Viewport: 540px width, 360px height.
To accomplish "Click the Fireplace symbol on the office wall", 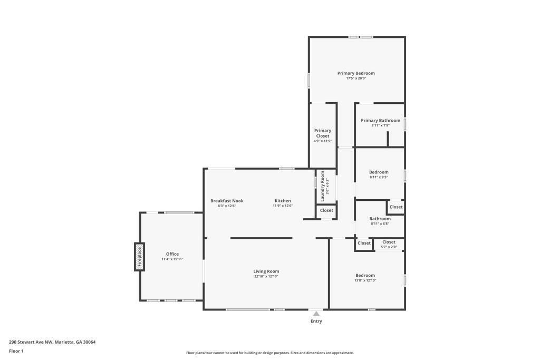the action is pyautogui.click(x=139, y=257).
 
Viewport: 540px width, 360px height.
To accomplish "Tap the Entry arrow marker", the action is pyautogui.click(x=316, y=314).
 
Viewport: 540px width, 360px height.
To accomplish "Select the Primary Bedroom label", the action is pyautogui.click(x=356, y=73).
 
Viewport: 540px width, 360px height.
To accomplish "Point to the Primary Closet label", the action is pyautogui.click(x=323, y=133).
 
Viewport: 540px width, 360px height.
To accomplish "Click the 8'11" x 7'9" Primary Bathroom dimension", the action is pyautogui.click(x=380, y=125).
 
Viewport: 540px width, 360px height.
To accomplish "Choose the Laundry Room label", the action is pyautogui.click(x=322, y=186).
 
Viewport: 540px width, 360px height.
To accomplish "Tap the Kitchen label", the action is pyautogui.click(x=283, y=201).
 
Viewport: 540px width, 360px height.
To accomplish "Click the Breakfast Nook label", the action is pyautogui.click(x=227, y=201).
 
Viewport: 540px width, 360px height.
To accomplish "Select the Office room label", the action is pyautogui.click(x=172, y=254).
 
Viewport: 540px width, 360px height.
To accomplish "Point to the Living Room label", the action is pyautogui.click(x=266, y=271).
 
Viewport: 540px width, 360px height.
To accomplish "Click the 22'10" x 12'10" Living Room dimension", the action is pyautogui.click(x=266, y=276).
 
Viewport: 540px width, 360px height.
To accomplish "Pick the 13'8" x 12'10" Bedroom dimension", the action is pyautogui.click(x=365, y=280).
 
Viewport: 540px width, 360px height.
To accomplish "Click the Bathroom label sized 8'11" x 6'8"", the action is pyautogui.click(x=380, y=219).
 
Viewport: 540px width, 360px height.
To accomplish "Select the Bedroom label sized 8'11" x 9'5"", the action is pyautogui.click(x=379, y=172).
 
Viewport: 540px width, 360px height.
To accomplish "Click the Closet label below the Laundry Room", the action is pyautogui.click(x=326, y=210).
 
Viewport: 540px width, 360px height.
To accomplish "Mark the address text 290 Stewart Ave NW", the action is pyautogui.click(x=31, y=342).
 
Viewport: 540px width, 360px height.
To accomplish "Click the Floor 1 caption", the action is pyautogui.click(x=16, y=351).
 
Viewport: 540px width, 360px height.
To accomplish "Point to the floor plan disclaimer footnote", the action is pyautogui.click(x=270, y=353).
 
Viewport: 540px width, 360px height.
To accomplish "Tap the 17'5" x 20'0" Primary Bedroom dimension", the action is pyautogui.click(x=356, y=79).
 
